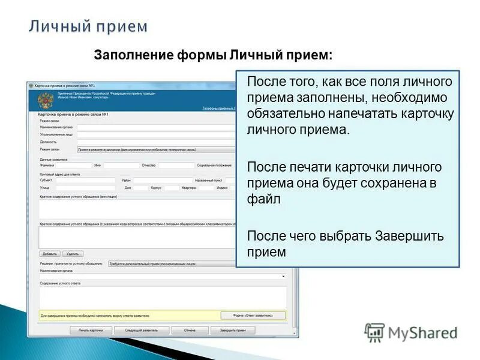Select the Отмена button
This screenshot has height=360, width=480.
190,330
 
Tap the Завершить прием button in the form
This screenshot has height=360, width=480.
232,330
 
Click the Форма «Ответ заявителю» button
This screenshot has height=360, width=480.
253,315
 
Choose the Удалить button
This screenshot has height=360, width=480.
73,254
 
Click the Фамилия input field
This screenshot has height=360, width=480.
73,165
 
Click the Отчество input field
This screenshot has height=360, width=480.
176,165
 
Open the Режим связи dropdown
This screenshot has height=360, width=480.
156,149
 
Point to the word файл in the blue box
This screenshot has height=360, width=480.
264,200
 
